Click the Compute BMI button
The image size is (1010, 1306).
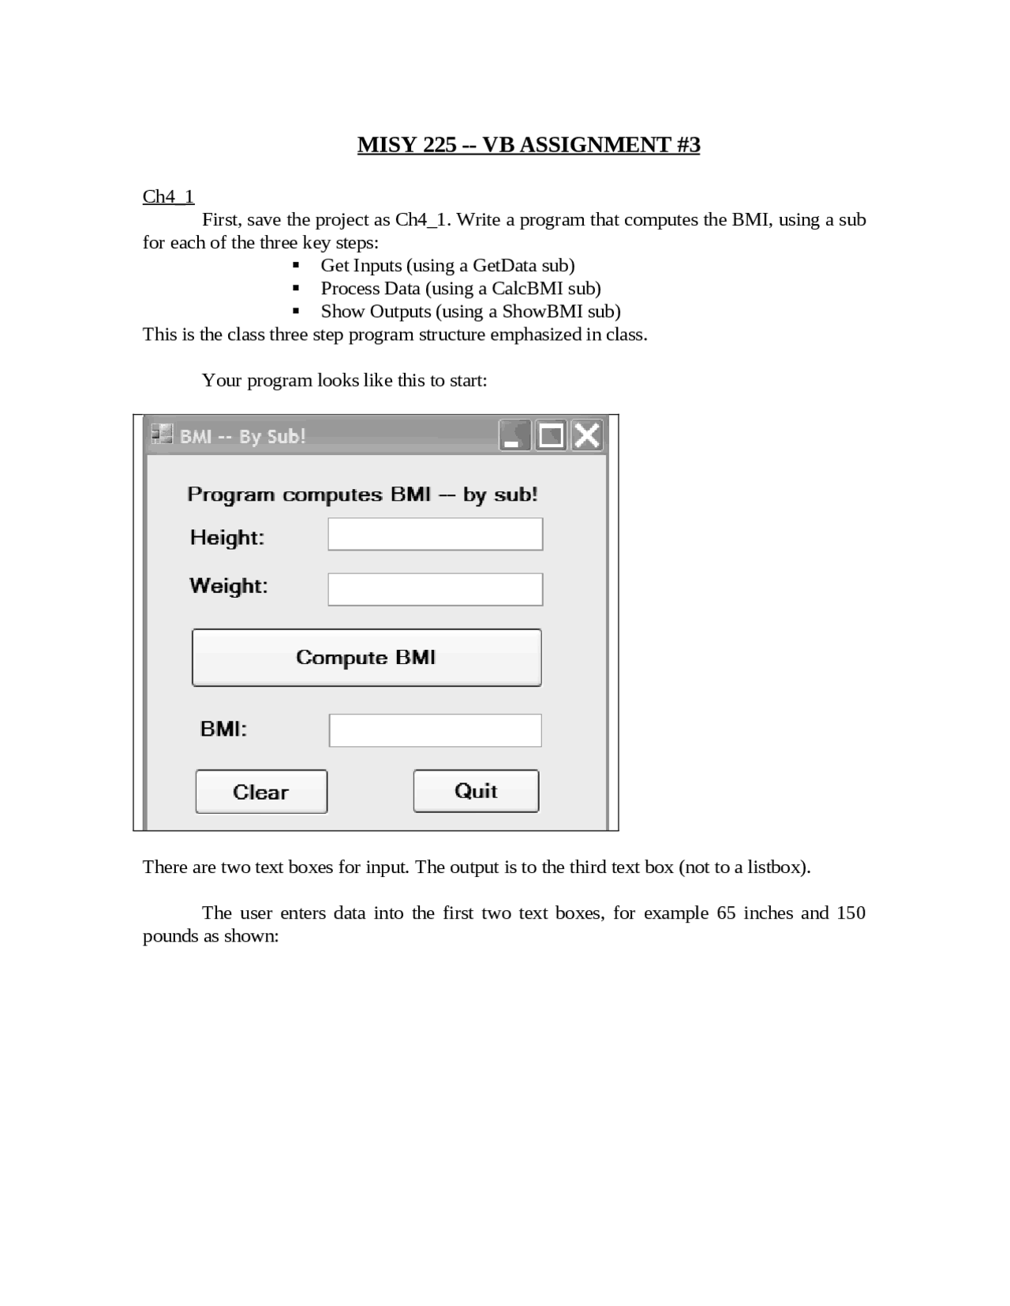click(x=366, y=658)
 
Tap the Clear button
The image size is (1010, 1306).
click(x=261, y=792)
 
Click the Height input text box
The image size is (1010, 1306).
click(x=435, y=534)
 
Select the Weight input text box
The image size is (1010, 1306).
click(x=435, y=589)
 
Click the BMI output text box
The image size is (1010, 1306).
click(x=435, y=730)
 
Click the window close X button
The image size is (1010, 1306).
click(x=587, y=435)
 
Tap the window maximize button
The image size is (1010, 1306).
click(x=551, y=435)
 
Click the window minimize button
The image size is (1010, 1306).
click(x=514, y=435)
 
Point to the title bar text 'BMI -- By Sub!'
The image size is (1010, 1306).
click(x=243, y=437)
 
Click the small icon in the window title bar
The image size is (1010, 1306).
click(x=162, y=435)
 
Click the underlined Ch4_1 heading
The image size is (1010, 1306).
click(x=168, y=196)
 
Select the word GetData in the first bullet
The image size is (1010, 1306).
click(x=504, y=266)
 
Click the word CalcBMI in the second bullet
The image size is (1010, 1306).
click(x=527, y=289)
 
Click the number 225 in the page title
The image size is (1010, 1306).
click(x=440, y=145)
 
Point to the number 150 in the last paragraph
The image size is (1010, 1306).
click(x=851, y=913)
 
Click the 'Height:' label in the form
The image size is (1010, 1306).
click(x=227, y=538)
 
